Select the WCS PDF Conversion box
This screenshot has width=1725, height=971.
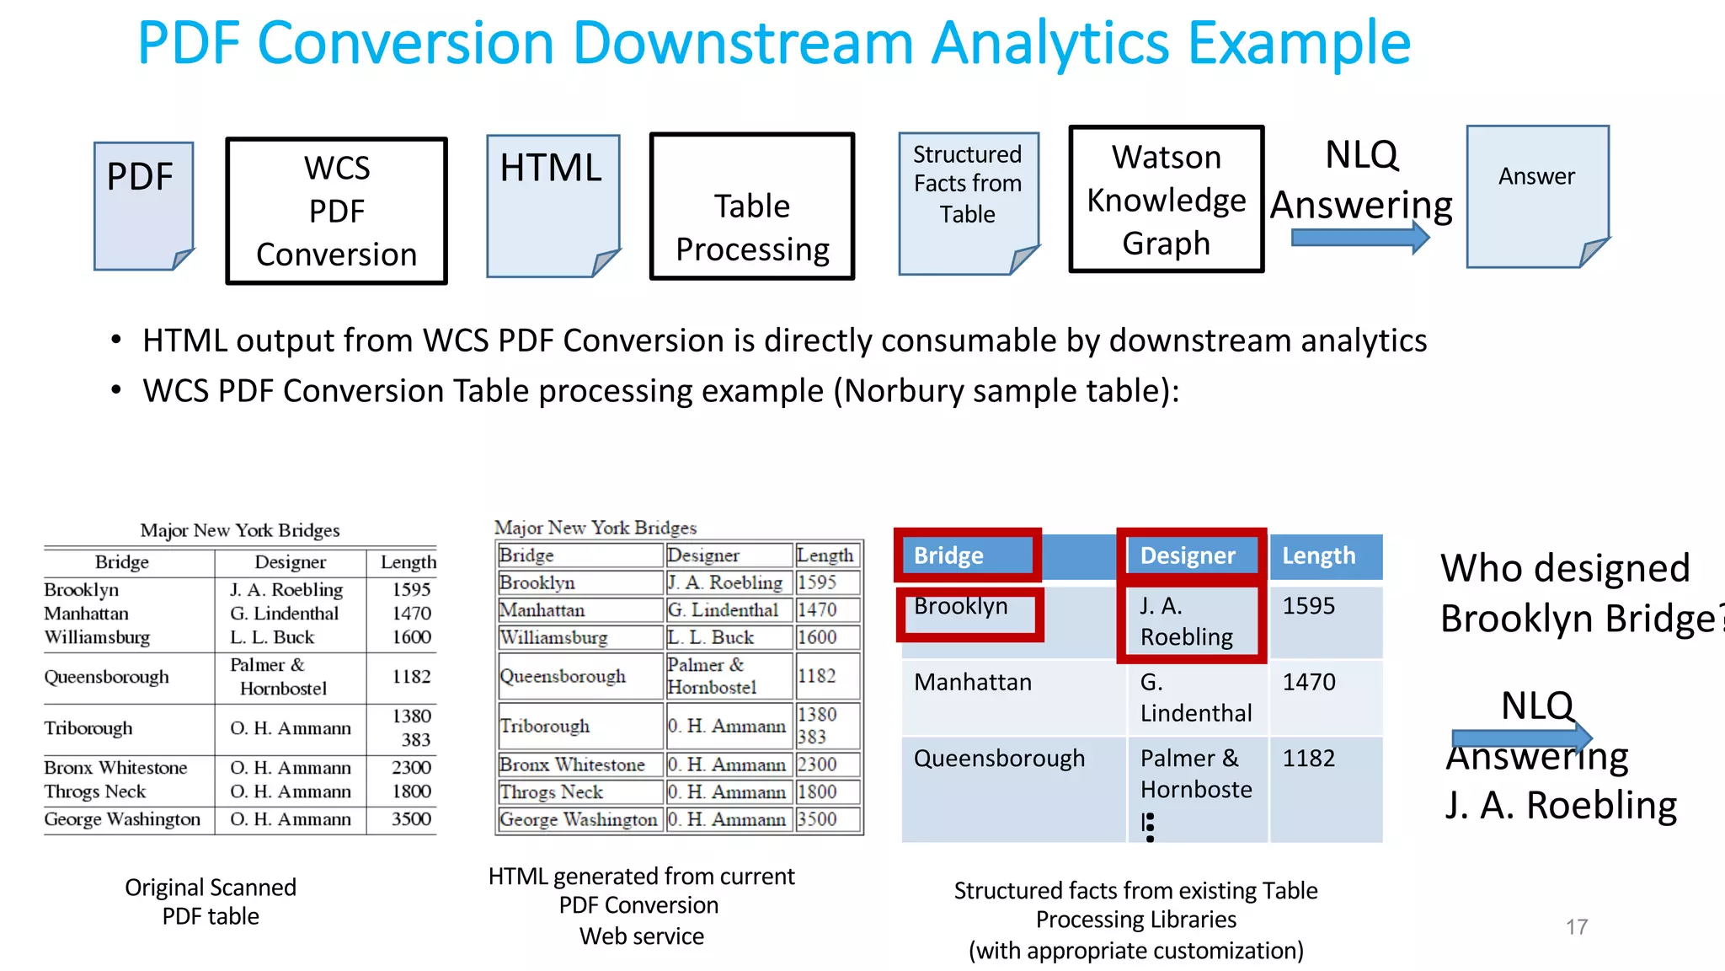click(x=336, y=211)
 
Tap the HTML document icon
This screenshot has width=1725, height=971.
click(x=553, y=206)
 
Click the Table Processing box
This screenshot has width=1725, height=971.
click(x=752, y=207)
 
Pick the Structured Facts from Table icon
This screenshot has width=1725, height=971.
click(x=968, y=203)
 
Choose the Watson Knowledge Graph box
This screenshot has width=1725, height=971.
click(x=1166, y=200)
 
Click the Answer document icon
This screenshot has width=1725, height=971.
click(x=1537, y=196)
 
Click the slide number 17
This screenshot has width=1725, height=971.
click(x=1577, y=927)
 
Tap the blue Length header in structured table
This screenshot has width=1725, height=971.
click(x=1325, y=556)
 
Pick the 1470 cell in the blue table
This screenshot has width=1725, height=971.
click(x=1309, y=682)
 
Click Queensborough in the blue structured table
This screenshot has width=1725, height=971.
click(x=999, y=759)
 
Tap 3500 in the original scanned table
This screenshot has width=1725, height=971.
click(x=411, y=819)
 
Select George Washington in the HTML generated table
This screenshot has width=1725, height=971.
click(x=578, y=819)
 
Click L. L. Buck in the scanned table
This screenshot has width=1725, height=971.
click(x=272, y=637)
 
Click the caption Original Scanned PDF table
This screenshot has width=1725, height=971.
click(x=211, y=902)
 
